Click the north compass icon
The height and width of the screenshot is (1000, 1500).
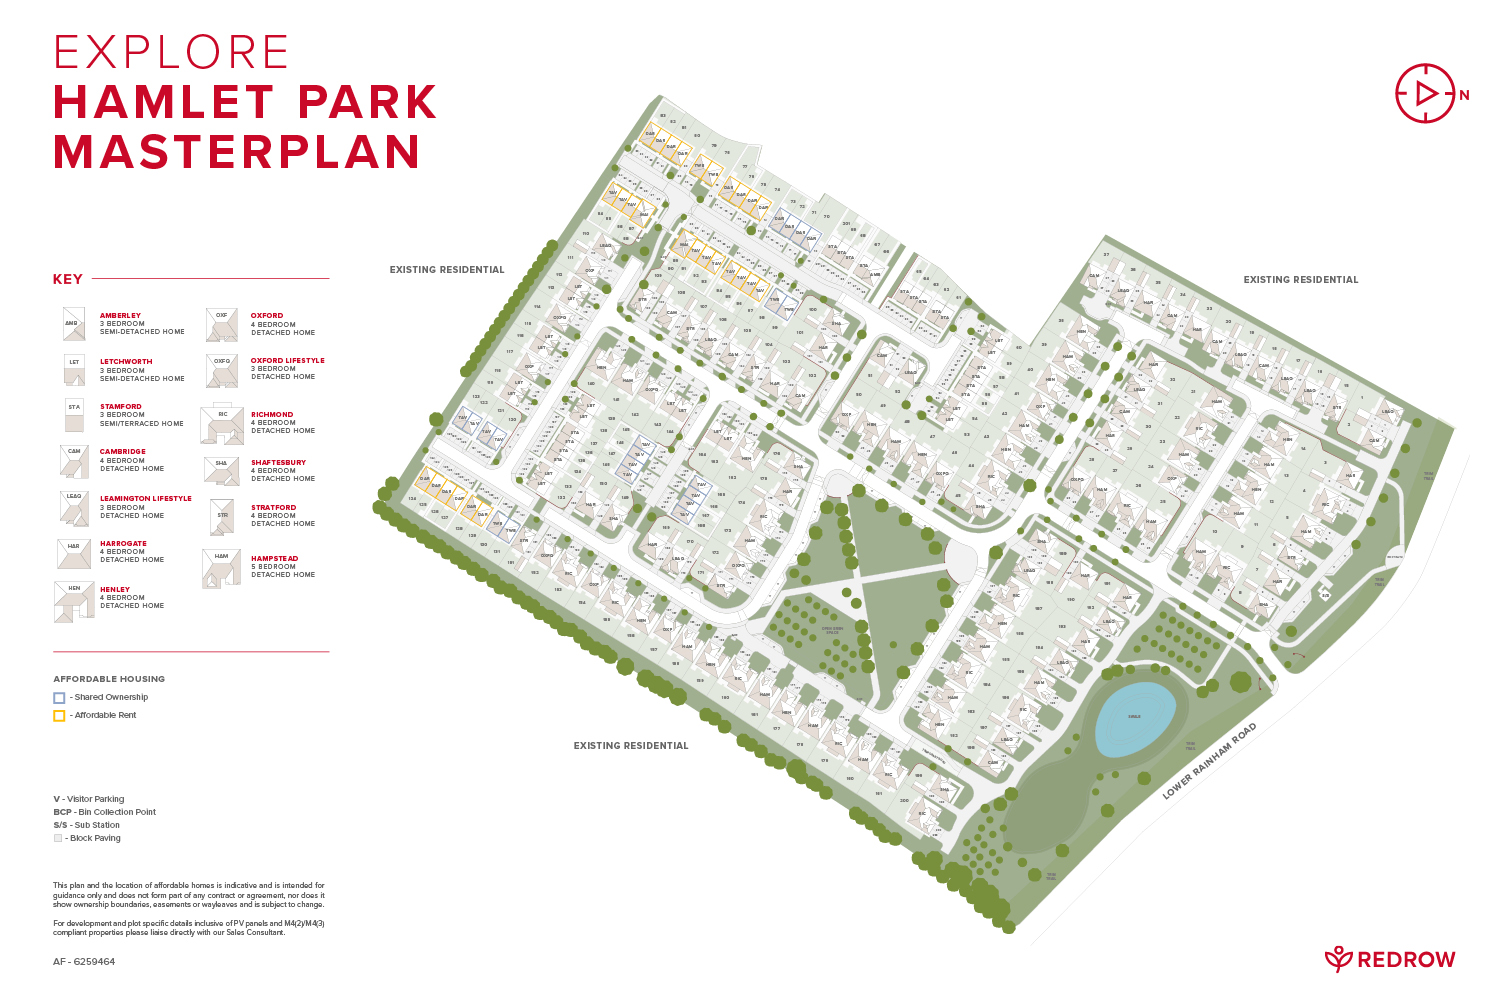[x=1425, y=94]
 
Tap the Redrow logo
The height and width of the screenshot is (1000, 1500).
[x=1390, y=960]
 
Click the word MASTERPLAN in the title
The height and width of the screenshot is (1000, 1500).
[x=237, y=152]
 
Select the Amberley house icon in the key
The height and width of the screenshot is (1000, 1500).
[x=73, y=324]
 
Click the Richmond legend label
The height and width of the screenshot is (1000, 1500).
[x=272, y=414]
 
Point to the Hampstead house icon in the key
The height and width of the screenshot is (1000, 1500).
[x=222, y=568]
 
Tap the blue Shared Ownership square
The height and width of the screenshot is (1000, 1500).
[x=59, y=698]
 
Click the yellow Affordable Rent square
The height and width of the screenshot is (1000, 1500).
[x=59, y=716]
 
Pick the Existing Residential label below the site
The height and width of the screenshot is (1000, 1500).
[x=631, y=746]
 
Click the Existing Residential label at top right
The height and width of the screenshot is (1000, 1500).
[x=1300, y=280]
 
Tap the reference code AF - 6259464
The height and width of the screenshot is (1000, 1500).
[x=84, y=962]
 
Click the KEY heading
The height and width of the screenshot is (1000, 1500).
[x=68, y=280]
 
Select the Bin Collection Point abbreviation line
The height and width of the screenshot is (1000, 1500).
[x=105, y=812]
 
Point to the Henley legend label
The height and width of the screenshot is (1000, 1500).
[x=115, y=590]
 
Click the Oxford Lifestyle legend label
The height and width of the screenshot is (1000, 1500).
[x=288, y=361]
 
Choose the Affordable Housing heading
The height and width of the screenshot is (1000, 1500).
[x=109, y=679]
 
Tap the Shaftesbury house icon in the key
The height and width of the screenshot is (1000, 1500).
[x=221, y=469]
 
